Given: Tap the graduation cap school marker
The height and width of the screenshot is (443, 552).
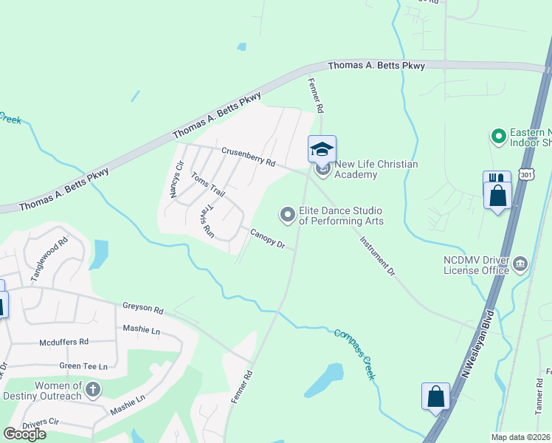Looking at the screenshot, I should (322, 149).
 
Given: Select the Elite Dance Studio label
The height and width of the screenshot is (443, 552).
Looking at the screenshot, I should (340, 216).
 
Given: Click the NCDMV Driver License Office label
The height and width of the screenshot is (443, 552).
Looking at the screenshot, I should (476, 265).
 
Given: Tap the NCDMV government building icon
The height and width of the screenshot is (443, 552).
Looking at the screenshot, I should (520, 264).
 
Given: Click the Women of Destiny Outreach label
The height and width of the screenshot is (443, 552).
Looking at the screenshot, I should (48, 391).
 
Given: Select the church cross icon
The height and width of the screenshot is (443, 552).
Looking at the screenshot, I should (93, 389).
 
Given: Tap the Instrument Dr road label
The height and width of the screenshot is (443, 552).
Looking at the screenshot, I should (378, 255).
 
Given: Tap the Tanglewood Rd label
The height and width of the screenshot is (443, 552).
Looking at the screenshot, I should (49, 258).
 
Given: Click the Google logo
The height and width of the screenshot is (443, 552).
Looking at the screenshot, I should (24, 433).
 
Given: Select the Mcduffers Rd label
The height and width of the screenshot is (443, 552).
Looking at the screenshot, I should (63, 342).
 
